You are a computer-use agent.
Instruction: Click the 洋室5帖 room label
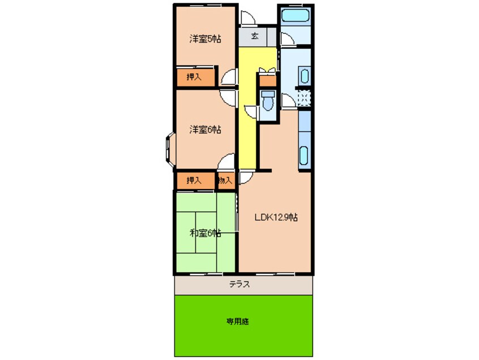point(204,40)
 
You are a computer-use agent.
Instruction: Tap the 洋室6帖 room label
point(204,130)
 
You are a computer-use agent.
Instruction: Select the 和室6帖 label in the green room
point(204,233)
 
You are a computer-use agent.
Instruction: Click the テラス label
point(240,285)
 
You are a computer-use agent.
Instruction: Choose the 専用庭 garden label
point(238,322)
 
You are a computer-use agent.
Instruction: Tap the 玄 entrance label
point(255,37)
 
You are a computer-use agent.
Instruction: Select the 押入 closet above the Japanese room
point(195,181)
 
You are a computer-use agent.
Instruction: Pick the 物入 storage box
point(225,181)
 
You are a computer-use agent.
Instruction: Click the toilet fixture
point(267,100)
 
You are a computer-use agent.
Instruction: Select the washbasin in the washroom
point(304,76)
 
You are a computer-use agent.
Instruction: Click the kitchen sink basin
point(305,155)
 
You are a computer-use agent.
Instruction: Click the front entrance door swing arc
point(247,18)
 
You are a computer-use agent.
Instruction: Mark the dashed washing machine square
point(304,98)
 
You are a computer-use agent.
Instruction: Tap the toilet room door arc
point(251,112)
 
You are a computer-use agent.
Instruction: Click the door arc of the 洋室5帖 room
point(229,78)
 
